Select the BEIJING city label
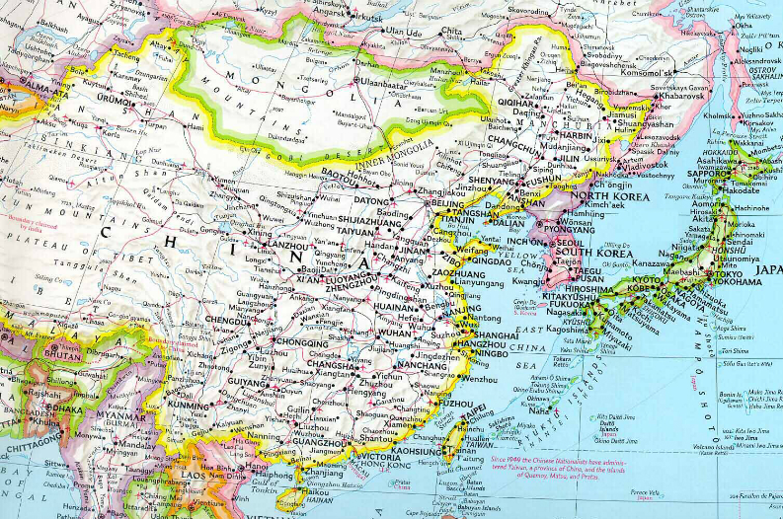click(x=447, y=203)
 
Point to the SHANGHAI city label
click(x=497, y=336)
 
